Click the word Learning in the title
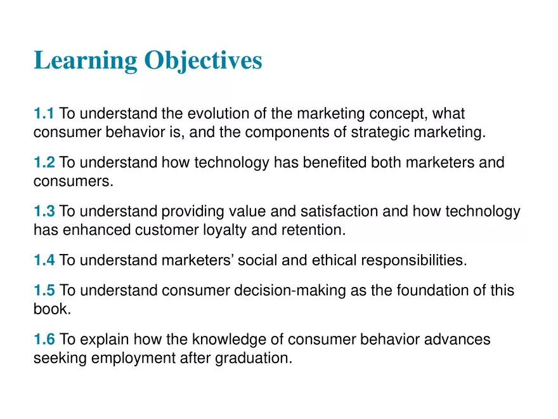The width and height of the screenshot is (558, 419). tap(85, 61)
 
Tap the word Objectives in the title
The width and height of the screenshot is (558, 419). tap(203, 61)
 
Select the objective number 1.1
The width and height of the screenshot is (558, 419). tap(44, 114)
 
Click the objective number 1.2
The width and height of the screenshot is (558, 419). tap(44, 163)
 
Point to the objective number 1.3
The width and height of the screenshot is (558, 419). tap(44, 211)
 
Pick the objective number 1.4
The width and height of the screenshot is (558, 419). tap(44, 260)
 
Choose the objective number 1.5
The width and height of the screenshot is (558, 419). tap(44, 291)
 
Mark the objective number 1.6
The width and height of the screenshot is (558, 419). tap(44, 340)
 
